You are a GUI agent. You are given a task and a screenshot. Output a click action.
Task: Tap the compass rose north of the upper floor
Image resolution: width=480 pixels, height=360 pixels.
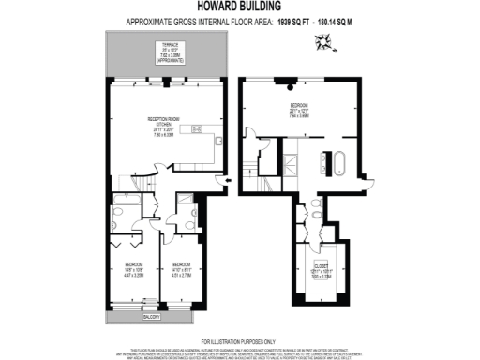[x=324, y=40]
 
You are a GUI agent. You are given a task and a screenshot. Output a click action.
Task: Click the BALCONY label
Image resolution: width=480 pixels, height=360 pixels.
[x=150, y=317]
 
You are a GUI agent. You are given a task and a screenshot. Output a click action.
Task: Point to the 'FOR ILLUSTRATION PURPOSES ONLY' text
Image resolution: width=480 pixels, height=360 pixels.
[x=240, y=338]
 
